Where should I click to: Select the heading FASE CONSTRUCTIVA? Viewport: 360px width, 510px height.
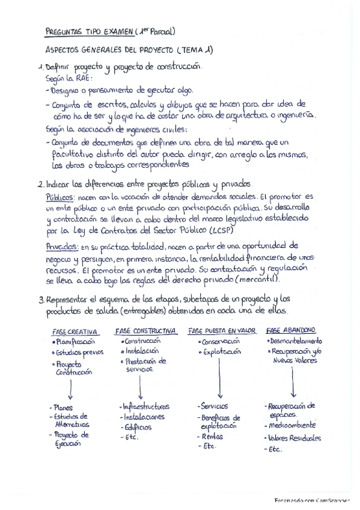tap(146, 331)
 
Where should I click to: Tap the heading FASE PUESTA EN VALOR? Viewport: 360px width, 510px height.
tap(222, 331)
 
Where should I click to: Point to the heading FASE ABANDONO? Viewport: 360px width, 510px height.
tap(291, 330)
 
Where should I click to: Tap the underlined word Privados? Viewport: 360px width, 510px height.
tap(63, 245)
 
